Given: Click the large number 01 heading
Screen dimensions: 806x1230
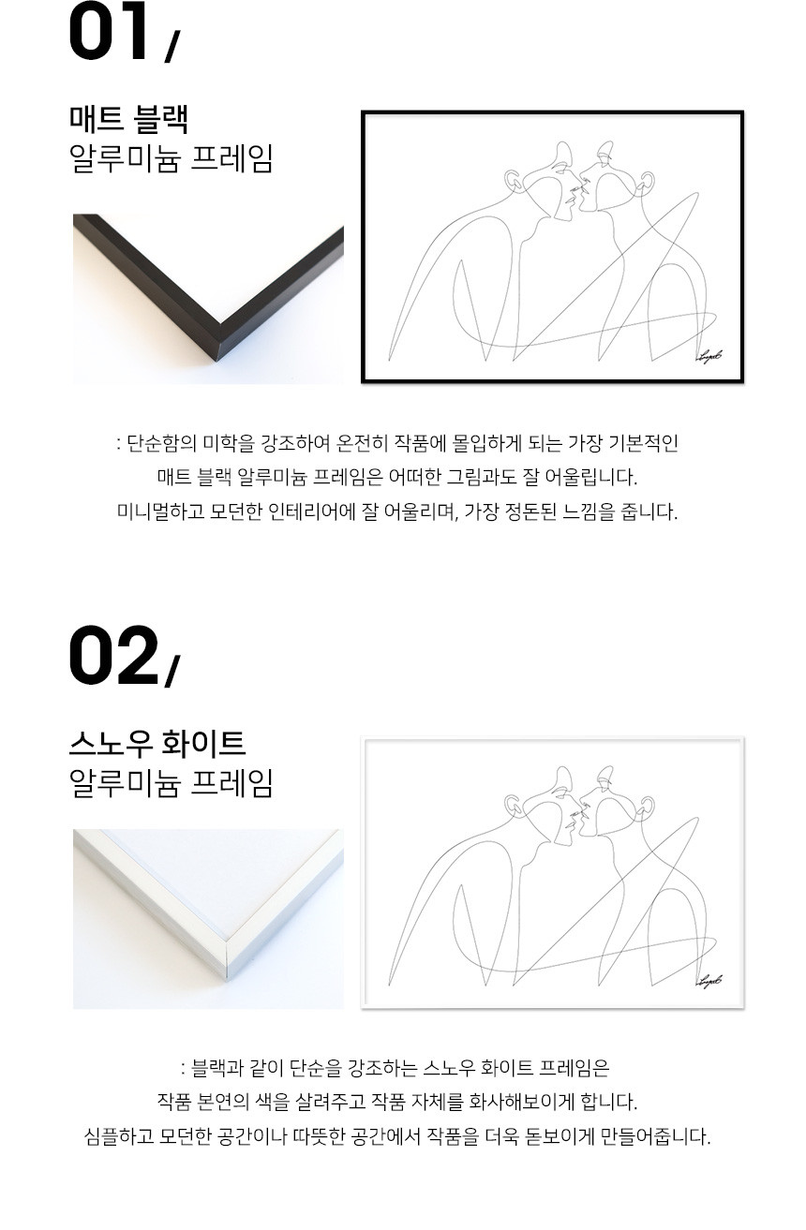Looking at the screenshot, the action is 109,31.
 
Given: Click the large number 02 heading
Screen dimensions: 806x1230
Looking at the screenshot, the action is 113,655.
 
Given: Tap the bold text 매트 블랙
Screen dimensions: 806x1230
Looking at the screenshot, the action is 129,119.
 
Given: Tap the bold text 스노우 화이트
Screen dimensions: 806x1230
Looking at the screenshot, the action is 157,744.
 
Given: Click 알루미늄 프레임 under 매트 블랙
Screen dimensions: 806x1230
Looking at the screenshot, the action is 171,158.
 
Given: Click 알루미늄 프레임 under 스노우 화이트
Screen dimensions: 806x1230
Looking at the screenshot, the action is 171,783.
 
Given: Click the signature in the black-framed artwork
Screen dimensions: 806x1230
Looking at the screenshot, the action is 709,357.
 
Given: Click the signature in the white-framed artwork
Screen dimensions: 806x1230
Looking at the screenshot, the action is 709,981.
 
